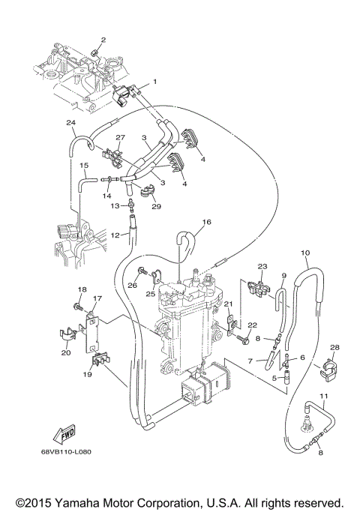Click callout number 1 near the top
coord(154,81)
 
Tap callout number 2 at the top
coord(103,39)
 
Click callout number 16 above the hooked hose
coord(208,223)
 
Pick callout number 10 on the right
coord(304,253)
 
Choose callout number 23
coord(262,266)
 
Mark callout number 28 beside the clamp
coord(335,347)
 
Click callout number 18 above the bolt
coord(82,289)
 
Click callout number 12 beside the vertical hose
coord(115,235)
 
